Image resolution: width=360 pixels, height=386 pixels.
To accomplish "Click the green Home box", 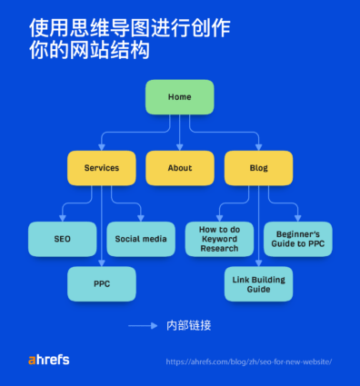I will (x=179, y=97).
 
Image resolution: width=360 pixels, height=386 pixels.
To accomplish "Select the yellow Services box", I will (x=102, y=168).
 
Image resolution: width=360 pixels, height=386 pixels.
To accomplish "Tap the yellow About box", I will (x=180, y=168).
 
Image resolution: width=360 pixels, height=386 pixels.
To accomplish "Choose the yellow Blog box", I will (x=258, y=168).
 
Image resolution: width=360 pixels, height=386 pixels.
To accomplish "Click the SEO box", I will (x=62, y=239).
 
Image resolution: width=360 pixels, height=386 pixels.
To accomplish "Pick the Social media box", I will (x=141, y=239).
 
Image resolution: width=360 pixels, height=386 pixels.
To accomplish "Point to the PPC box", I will (x=102, y=284).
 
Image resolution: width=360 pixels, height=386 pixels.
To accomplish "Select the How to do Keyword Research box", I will (x=219, y=239).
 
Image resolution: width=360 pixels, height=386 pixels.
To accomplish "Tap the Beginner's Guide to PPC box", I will (x=298, y=239).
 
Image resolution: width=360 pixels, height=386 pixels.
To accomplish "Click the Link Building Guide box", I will (x=258, y=284).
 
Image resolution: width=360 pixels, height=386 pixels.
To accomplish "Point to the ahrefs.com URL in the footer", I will (x=248, y=361).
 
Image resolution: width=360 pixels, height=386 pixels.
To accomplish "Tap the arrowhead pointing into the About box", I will (x=180, y=147).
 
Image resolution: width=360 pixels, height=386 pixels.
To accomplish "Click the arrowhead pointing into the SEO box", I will (x=62, y=219).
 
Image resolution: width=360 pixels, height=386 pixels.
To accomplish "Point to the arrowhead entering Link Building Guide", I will (x=258, y=263).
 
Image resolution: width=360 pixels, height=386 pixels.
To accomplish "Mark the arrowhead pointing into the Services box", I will (x=102, y=147).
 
